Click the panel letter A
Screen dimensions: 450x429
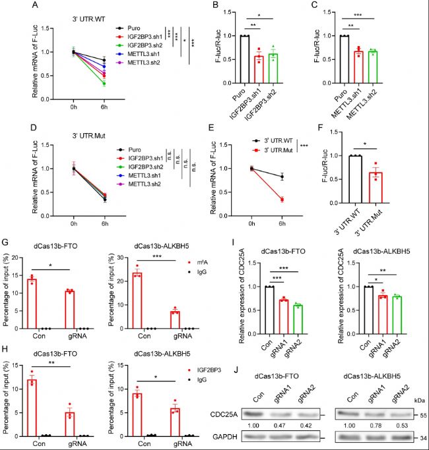7,6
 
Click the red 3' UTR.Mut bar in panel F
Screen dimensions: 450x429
376,187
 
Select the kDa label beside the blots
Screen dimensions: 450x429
418,381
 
